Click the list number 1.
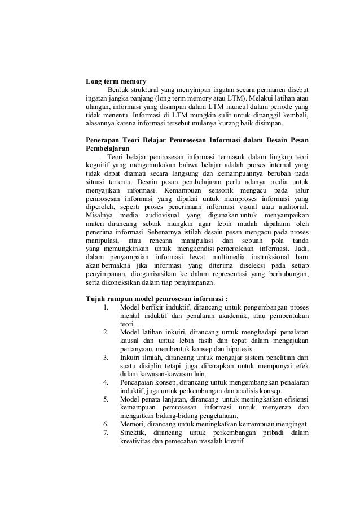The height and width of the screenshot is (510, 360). (x=106, y=307)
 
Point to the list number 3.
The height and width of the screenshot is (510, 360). (x=106, y=358)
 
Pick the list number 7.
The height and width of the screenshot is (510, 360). (x=106, y=433)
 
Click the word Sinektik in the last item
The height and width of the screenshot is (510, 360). (x=134, y=433)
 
